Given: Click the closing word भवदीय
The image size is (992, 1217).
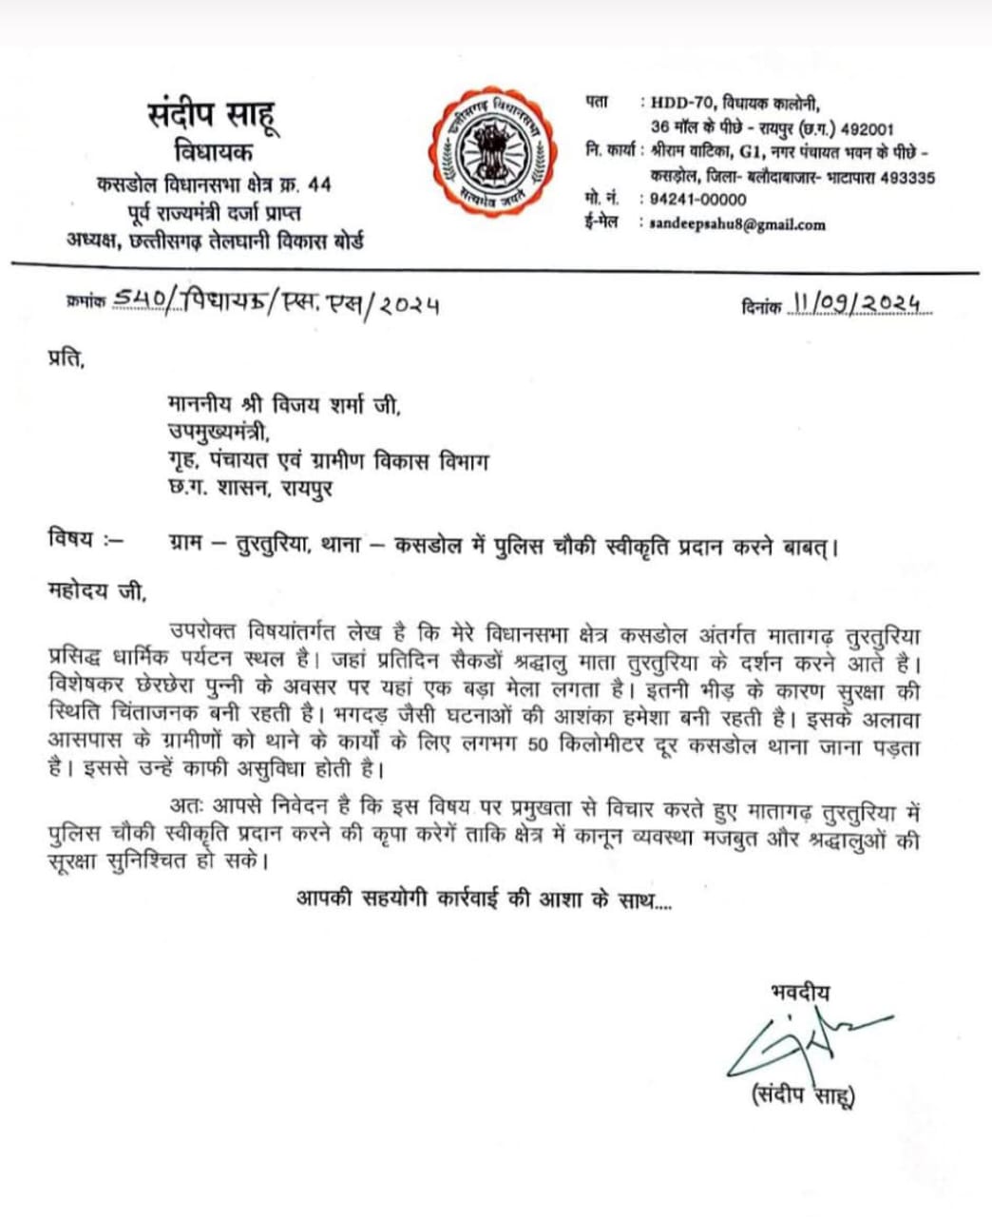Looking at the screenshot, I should (x=800, y=993).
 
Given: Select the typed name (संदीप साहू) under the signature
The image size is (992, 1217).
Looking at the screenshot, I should (x=803, y=1095).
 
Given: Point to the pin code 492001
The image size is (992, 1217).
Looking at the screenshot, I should (x=863, y=129).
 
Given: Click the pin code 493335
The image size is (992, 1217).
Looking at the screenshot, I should (x=907, y=177).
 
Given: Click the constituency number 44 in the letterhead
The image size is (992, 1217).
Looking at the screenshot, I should (x=319, y=184).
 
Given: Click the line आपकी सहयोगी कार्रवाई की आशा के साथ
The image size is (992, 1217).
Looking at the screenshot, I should (x=483, y=898).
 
